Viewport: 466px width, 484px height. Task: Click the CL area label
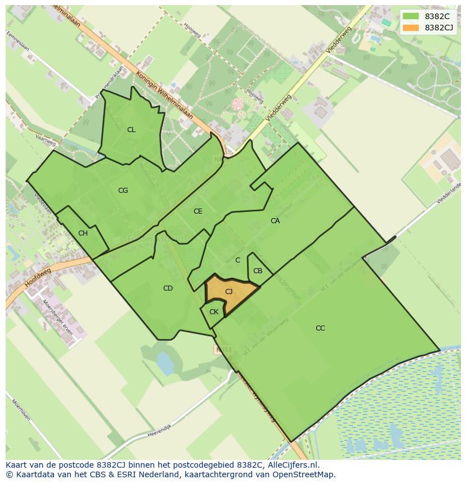(x=131, y=130)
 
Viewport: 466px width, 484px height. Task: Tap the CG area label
(x=123, y=191)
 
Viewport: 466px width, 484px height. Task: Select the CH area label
(x=83, y=233)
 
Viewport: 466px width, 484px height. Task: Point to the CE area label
(x=198, y=211)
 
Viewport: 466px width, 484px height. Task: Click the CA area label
(x=275, y=221)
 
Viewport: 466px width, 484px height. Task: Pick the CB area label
(x=257, y=271)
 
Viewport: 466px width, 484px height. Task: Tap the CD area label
(x=168, y=288)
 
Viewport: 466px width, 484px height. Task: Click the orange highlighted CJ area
(x=228, y=292)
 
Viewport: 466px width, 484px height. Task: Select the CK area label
(x=213, y=312)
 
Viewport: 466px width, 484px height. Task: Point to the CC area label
(x=320, y=328)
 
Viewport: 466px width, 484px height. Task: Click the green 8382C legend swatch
(x=411, y=16)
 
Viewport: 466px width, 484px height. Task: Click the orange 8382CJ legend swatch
(x=411, y=28)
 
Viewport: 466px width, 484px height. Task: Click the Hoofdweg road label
(x=38, y=278)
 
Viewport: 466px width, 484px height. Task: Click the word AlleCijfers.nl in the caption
(x=293, y=465)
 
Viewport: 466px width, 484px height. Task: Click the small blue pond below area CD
(x=165, y=363)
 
